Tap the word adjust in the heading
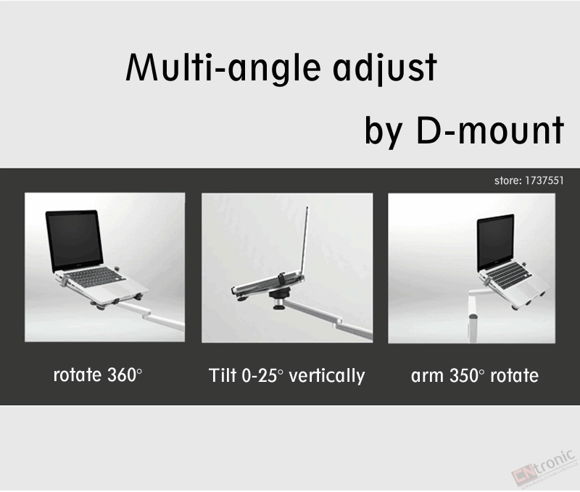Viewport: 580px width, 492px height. tap(385, 68)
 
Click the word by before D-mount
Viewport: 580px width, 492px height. tap(384, 132)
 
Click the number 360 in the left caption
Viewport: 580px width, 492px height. tap(122, 375)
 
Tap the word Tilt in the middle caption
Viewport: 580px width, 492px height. tap(223, 375)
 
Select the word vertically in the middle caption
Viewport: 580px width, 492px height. tap(327, 377)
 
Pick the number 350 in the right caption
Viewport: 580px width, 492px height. tap(465, 375)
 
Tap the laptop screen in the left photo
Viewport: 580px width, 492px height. tap(75, 240)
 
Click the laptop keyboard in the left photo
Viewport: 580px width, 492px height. tap(95, 277)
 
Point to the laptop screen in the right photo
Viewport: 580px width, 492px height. tap(496, 241)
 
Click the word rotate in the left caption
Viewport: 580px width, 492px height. tap(78, 375)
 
